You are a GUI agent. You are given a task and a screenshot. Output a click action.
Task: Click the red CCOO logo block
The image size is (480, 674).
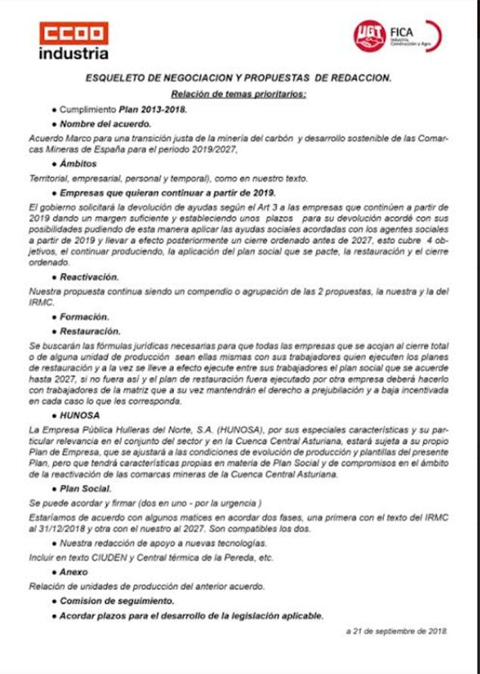73,33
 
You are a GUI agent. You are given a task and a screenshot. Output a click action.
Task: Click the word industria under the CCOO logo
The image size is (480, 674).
73,54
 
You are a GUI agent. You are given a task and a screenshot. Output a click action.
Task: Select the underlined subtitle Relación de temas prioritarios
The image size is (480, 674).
238,94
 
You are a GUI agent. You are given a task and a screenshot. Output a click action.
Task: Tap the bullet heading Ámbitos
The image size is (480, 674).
82,164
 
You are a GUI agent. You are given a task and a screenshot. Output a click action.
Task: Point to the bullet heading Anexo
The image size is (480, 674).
74,572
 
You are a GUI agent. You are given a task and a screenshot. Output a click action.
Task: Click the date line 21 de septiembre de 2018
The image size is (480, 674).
397,629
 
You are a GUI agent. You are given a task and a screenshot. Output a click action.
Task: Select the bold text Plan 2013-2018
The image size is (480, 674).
153,109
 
